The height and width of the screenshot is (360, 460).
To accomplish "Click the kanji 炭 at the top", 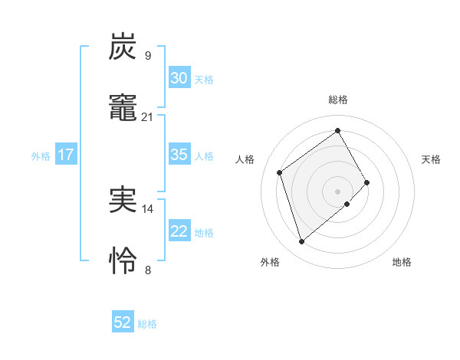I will [x=123, y=47].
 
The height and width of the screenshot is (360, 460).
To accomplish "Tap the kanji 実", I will [x=123, y=199].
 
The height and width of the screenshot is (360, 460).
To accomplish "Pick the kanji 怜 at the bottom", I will [x=123, y=260].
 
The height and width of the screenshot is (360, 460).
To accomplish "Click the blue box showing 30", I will [x=179, y=78].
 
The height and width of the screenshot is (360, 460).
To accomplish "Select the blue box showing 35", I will [x=179, y=155].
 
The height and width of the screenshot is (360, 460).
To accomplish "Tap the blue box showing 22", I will [x=179, y=231].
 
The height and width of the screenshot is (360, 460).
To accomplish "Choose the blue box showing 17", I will [x=66, y=155].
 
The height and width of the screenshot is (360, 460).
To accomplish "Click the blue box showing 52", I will [x=123, y=322].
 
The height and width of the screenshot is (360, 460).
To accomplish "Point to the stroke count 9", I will [x=148, y=55].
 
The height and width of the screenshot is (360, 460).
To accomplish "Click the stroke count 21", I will [x=148, y=116].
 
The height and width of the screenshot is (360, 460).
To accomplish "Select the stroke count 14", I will [x=148, y=208].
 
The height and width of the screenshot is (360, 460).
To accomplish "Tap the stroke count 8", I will [x=148, y=269].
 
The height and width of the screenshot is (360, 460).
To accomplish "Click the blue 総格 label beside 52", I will [x=147, y=324].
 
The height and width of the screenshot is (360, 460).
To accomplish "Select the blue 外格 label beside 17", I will [x=41, y=156].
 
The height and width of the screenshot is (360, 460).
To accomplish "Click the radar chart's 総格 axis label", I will [x=337, y=100].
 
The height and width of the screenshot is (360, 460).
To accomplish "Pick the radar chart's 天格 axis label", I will [x=431, y=159].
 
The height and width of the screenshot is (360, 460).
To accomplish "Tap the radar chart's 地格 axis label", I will [x=402, y=263].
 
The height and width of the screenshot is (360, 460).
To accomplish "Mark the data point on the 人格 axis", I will [x=280, y=172].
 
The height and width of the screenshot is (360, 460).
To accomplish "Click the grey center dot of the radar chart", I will [x=337, y=191].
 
